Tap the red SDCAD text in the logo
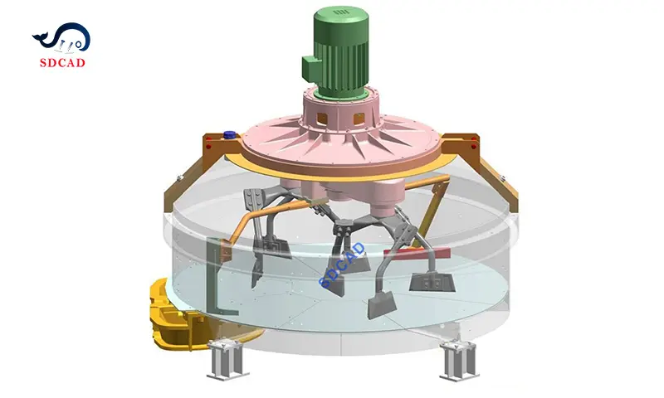click(63, 60)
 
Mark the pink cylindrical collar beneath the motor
click(340, 108)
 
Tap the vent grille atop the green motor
click(340, 12)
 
